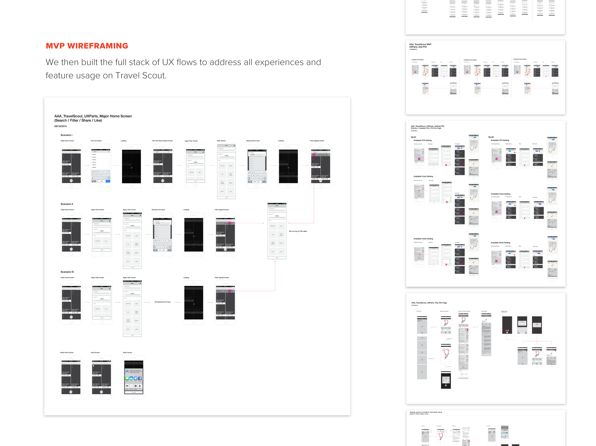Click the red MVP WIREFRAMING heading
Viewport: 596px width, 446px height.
point(87,46)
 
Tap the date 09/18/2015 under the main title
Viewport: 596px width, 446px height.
point(60,126)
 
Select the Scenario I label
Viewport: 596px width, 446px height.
point(66,135)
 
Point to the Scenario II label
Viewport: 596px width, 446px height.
point(67,204)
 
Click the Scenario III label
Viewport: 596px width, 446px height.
point(67,272)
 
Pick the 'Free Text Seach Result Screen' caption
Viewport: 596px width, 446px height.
point(162,141)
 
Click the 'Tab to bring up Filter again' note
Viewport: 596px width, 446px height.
point(298,231)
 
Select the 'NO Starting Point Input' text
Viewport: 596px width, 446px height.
point(163,302)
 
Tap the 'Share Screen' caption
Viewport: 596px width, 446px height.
point(128,353)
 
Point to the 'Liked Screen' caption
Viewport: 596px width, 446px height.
point(95,353)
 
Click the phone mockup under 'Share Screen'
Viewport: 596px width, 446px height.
point(134,377)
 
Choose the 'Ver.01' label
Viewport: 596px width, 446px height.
point(413,137)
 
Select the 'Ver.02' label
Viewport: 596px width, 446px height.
point(491,137)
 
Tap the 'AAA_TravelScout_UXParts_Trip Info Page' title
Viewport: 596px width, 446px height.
point(429,303)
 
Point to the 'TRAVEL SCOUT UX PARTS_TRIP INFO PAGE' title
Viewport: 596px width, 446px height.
point(426,412)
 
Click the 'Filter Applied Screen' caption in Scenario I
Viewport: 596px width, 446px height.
point(317,141)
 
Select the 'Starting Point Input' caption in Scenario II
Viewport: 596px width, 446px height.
point(158,210)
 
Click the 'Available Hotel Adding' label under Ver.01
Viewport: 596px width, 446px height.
point(423,239)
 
